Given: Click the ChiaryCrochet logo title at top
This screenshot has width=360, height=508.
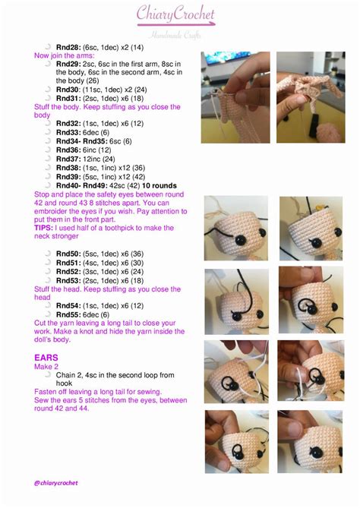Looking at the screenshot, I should [175, 14].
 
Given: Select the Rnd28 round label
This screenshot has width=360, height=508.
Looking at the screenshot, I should [68, 47].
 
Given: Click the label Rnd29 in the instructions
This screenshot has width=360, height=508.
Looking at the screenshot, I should [68, 64].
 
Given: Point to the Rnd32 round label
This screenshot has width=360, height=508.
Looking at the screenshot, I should [68, 123].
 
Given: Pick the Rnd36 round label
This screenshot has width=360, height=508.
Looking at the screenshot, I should [68, 150].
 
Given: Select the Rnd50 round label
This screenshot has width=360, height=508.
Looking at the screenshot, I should [68, 253].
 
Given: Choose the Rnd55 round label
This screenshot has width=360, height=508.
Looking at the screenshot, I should [68, 314].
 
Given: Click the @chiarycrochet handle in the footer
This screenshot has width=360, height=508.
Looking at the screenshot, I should [55, 482].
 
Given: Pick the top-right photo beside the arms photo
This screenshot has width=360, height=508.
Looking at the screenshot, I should [310, 87].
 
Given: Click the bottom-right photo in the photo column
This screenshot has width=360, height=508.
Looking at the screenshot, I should [311, 441].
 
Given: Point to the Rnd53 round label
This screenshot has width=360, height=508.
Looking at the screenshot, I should [68, 280].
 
